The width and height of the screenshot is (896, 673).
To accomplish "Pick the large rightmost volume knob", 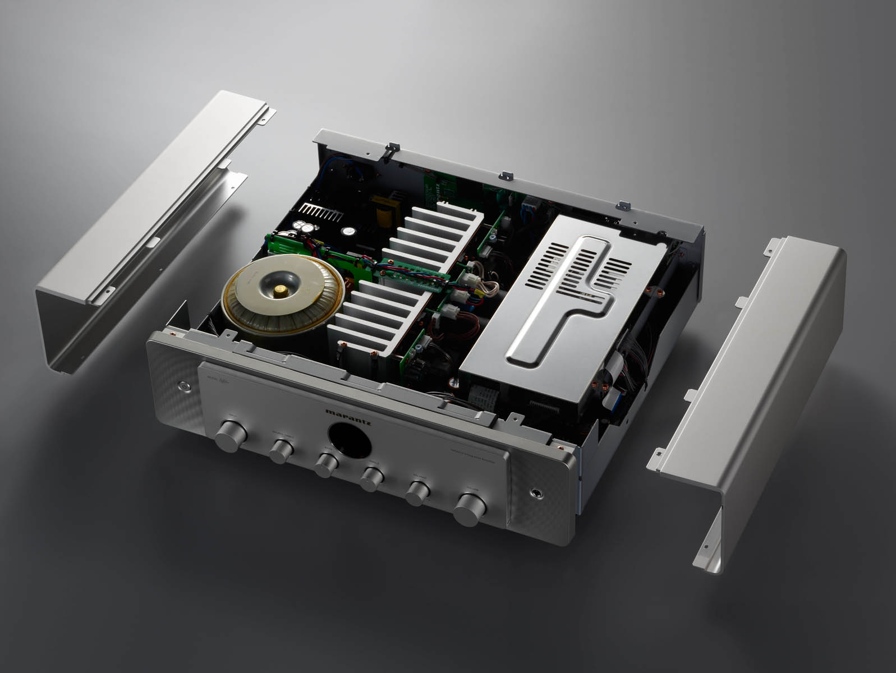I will [x=472, y=509].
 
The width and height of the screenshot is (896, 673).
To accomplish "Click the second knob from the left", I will [x=281, y=449].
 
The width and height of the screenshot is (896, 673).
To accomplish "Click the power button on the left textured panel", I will [x=184, y=386].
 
